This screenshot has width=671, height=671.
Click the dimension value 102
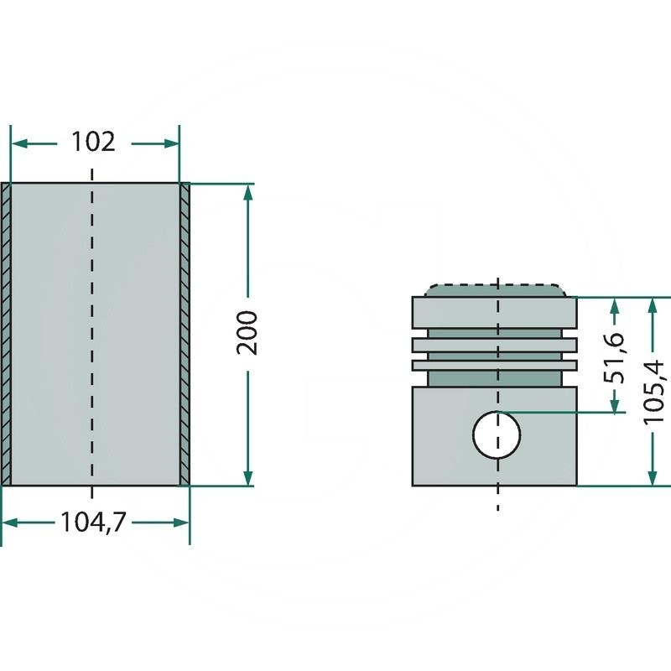point(92,142)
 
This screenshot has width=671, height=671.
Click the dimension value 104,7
point(92,523)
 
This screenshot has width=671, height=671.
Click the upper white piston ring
point(495,344)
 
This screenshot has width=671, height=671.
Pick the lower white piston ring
point(495,365)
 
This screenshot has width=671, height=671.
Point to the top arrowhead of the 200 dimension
point(248,192)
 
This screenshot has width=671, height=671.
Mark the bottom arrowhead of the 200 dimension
point(248,477)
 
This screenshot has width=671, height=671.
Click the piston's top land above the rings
point(495,312)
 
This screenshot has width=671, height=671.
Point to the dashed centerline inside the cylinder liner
point(92,335)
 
